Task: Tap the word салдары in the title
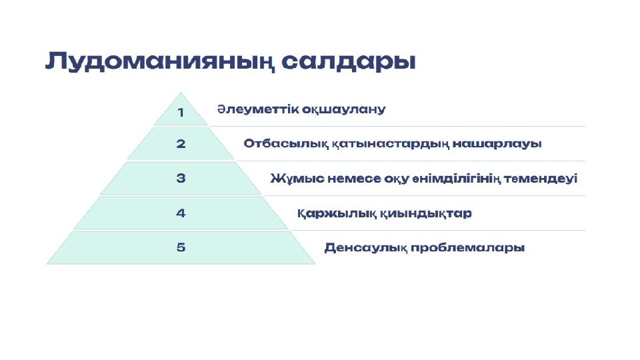(x=349, y=61)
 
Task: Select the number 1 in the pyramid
(x=181, y=112)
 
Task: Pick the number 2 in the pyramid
(x=181, y=144)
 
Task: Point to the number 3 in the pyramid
(x=181, y=179)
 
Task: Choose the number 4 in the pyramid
(x=181, y=213)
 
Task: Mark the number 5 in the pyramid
(x=181, y=247)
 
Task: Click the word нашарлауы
(x=497, y=144)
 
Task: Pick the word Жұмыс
(x=297, y=179)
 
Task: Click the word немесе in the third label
(x=354, y=179)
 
